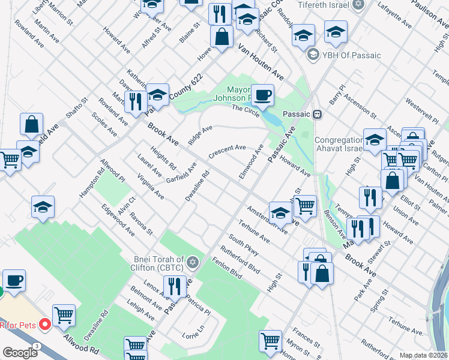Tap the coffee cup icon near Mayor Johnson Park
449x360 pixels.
pos(262,94)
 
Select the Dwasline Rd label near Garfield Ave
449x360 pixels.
pos(196,187)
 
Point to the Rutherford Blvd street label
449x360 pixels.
pos(240,261)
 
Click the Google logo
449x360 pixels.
pos(20,353)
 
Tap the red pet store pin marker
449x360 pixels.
pos(44,325)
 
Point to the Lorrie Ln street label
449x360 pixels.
pos(189,333)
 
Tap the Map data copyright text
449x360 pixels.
pos(424,355)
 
